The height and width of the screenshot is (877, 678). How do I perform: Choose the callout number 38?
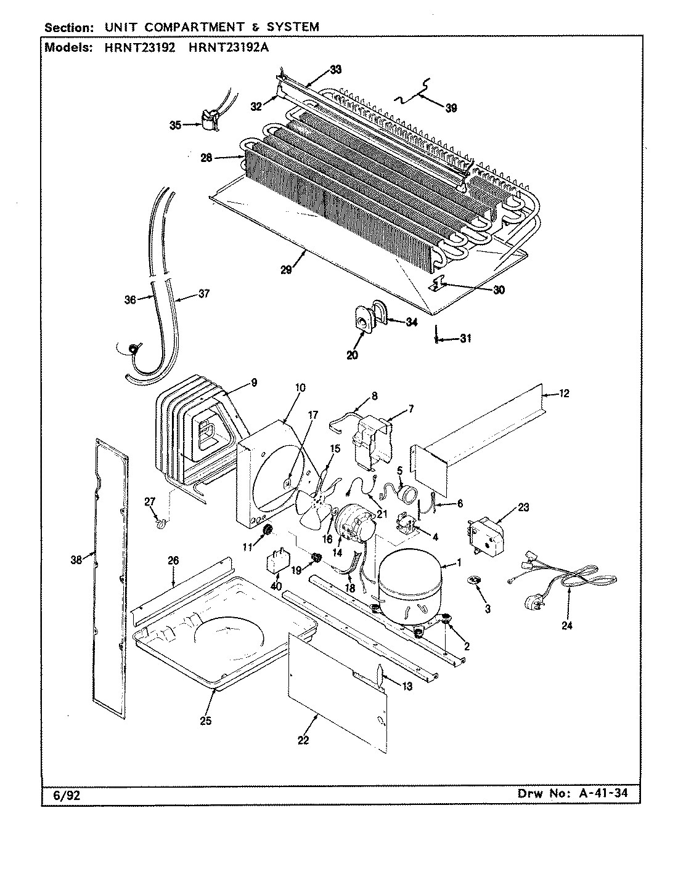(76, 560)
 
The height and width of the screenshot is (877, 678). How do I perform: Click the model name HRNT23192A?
(221, 49)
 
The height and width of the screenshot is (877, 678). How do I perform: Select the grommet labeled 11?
(268, 530)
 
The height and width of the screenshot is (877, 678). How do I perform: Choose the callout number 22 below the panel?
(303, 740)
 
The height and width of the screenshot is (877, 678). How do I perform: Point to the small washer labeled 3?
(475, 581)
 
